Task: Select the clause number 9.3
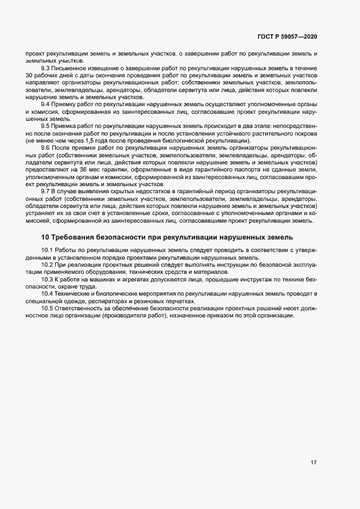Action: [46, 68]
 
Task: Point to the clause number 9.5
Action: [46, 125]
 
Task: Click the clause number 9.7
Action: [46, 192]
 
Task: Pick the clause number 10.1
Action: [47, 249]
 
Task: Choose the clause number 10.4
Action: [47, 294]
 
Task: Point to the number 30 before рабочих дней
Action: [29, 76]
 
